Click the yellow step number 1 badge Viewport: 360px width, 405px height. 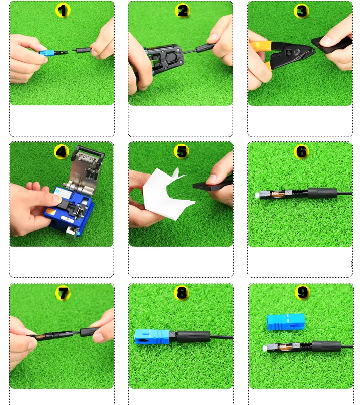click(63, 10)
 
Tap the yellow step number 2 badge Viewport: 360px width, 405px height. click(183, 11)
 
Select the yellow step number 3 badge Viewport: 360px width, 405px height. click(302, 11)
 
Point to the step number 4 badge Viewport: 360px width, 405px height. click(62, 152)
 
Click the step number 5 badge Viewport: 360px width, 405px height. click(182, 151)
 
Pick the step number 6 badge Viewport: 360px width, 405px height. click(302, 151)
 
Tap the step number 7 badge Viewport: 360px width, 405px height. click(63, 293)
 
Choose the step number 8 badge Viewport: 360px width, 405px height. click(182, 293)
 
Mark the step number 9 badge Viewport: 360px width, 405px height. click(303, 292)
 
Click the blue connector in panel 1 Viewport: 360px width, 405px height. click(47, 53)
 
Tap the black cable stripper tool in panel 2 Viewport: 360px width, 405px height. click(163, 60)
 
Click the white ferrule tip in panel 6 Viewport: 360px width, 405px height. click(257, 196)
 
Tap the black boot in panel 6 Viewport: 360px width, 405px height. click(322, 193)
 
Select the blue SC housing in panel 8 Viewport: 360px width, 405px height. click(152, 336)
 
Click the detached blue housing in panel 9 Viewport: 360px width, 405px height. click(285, 322)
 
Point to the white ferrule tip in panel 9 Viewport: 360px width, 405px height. click(265, 349)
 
